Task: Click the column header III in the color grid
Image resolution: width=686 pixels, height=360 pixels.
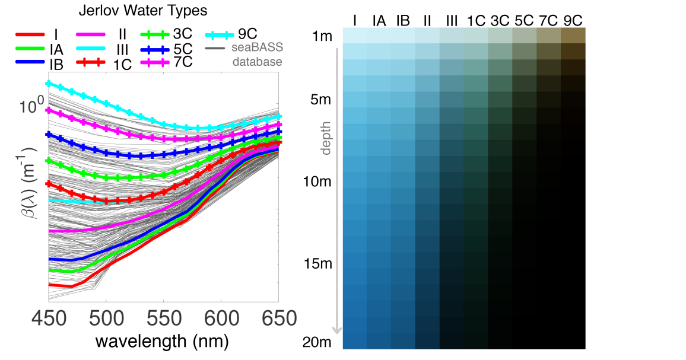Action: tap(452, 21)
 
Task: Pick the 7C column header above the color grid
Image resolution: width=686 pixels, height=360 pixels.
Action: tap(548, 21)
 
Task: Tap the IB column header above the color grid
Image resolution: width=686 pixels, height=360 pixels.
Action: tap(403, 21)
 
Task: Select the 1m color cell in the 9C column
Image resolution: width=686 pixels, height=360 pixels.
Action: tap(573, 35)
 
